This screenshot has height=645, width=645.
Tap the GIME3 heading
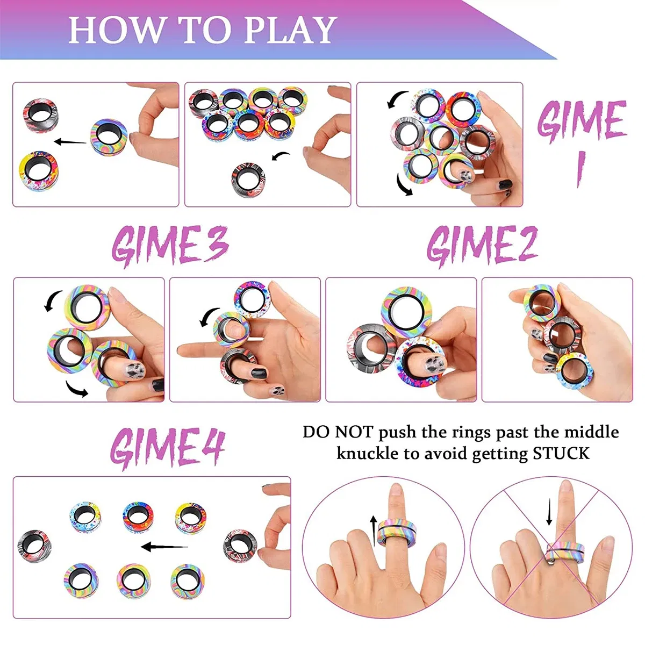coord(170,246)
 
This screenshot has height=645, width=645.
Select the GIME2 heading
coord(482,245)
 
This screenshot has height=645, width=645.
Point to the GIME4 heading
coord(167,448)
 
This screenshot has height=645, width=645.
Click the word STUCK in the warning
coord(561,454)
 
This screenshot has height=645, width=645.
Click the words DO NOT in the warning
coord(338,432)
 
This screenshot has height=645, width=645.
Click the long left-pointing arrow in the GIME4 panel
coord(164,547)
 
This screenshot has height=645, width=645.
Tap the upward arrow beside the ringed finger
coord(374,529)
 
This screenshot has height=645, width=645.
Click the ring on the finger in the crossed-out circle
coord(565,554)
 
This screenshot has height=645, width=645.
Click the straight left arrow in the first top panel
coord(70,142)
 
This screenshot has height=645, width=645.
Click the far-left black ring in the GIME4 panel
coord(34,545)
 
